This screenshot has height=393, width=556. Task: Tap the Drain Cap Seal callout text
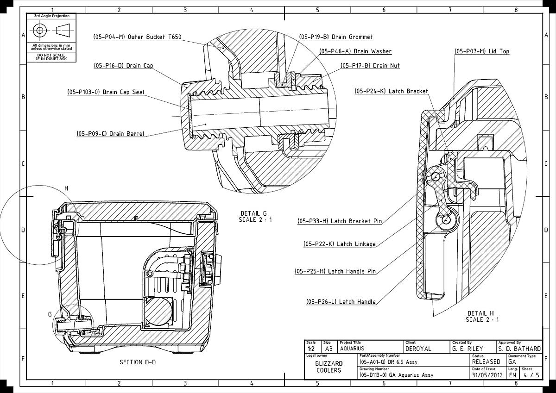click(x=106, y=92)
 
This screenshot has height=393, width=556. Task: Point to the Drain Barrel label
click(x=110, y=134)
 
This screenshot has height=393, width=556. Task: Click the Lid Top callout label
click(x=482, y=51)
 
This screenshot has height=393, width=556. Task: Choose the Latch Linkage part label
click(x=339, y=244)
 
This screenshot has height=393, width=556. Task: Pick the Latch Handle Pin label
click(x=335, y=271)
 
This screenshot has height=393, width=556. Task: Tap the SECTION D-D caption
click(x=134, y=362)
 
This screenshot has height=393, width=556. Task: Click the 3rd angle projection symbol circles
click(x=39, y=30)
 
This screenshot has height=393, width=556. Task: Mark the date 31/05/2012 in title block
click(x=486, y=375)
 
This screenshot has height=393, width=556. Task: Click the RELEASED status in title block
click(x=486, y=362)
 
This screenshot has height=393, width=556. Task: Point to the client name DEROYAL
click(x=418, y=349)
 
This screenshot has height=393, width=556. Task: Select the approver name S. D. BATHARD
click(x=519, y=349)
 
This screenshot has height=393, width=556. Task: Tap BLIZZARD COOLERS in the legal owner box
click(x=329, y=367)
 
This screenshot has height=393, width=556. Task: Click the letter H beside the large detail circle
click(x=66, y=188)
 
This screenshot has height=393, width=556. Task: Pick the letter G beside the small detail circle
click(x=50, y=314)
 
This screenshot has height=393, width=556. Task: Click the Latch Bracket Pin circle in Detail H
click(x=436, y=176)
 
